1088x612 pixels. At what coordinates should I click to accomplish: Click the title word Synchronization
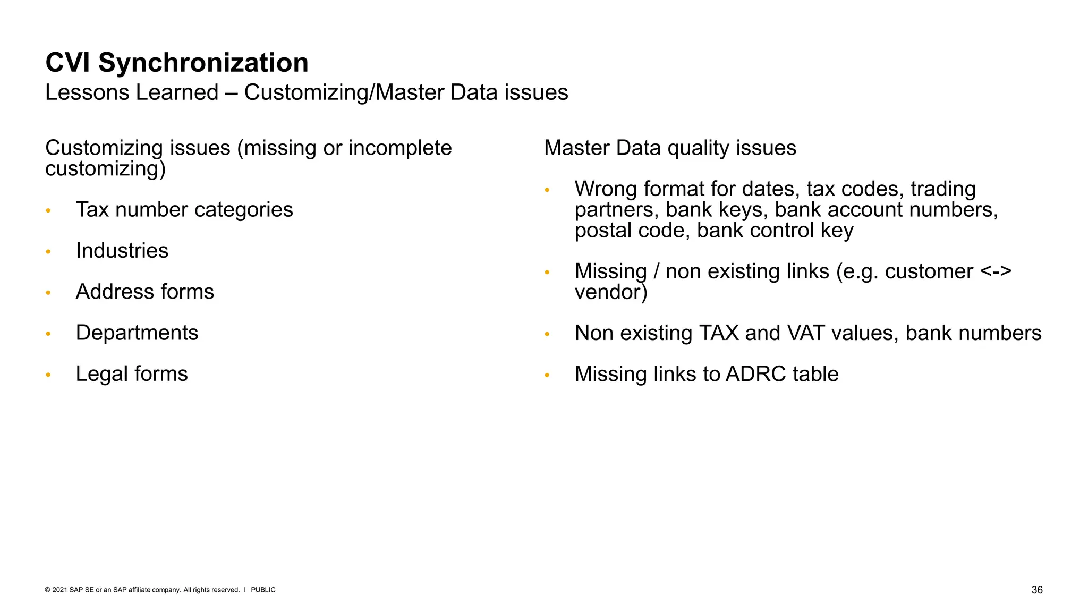click(x=203, y=63)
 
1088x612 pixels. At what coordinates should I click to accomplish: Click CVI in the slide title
click(x=67, y=63)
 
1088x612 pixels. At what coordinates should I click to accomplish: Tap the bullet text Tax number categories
click(x=184, y=210)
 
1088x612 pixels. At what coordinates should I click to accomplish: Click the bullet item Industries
click(x=122, y=251)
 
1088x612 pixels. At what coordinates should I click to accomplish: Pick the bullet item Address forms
click(x=144, y=292)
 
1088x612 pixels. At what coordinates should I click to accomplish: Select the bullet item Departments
click(x=137, y=333)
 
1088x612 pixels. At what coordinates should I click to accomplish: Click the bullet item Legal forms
click(x=131, y=374)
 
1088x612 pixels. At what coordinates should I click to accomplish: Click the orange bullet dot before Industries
click(x=48, y=251)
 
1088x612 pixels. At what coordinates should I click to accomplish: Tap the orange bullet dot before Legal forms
click(x=48, y=375)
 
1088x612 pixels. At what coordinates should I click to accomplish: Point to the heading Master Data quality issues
click(x=670, y=148)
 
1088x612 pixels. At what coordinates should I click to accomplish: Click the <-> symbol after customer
click(x=995, y=271)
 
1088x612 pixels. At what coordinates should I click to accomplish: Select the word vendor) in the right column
click(x=611, y=292)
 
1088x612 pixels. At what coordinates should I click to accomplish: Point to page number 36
click(x=1036, y=590)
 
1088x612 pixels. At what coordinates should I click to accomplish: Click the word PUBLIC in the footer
click(x=263, y=590)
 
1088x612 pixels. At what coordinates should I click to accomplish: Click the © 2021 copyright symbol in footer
click(x=47, y=590)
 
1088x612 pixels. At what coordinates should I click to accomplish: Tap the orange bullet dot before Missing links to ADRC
click(x=547, y=375)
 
